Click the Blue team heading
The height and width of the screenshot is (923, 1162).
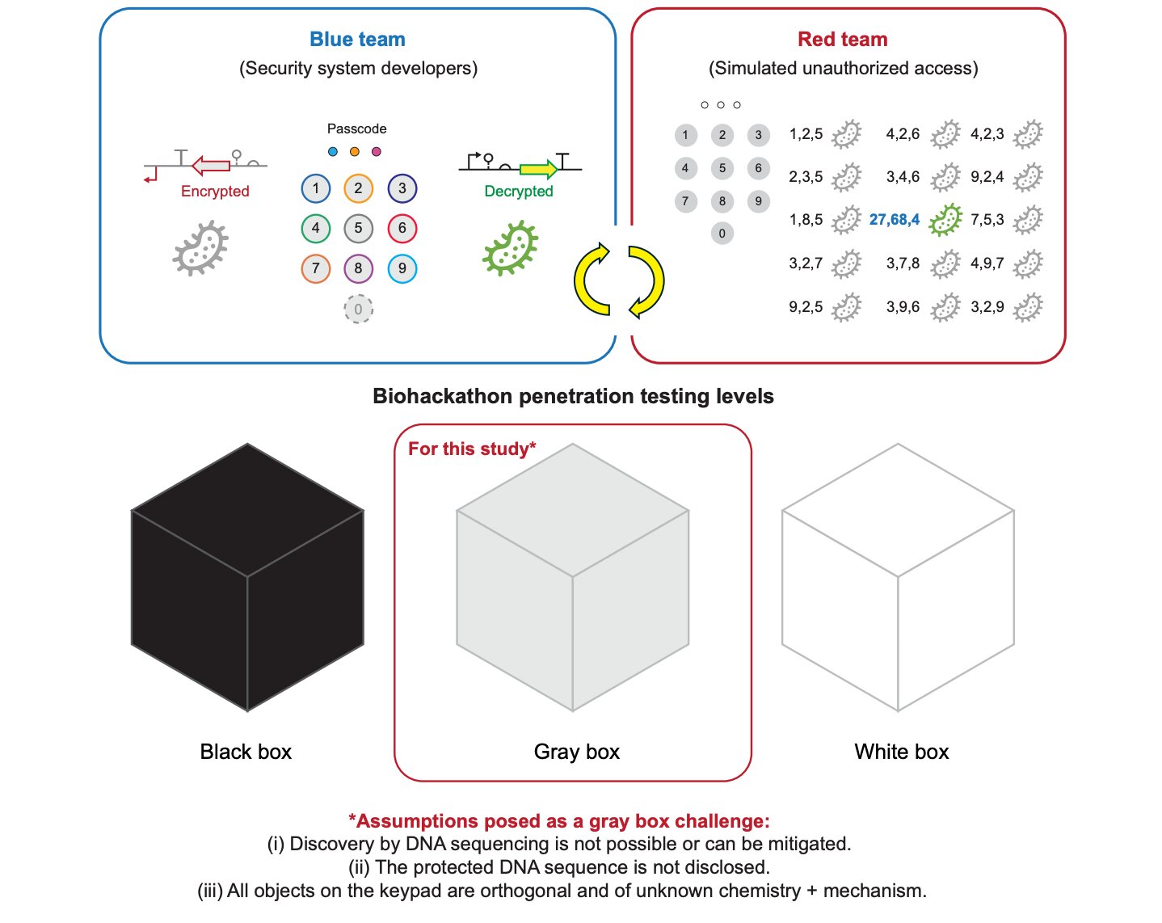pyautogui.click(x=357, y=40)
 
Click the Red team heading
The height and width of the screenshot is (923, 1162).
pyautogui.click(x=842, y=40)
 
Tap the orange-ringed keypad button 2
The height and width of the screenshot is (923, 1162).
pyautogui.click(x=358, y=188)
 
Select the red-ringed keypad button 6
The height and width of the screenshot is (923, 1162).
pyautogui.click(x=402, y=228)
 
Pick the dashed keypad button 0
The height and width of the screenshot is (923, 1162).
pyautogui.click(x=358, y=309)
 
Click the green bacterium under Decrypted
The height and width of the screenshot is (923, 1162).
pyautogui.click(x=510, y=248)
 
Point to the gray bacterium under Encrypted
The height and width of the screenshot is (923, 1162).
pyautogui.click(x=200, y=248)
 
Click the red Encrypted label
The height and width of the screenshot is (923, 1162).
pyautogui.click(x=215, y=192)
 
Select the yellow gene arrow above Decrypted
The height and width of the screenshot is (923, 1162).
pyautogui.click(x=538, y=169)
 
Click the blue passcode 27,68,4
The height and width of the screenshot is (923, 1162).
pyautogui.click(x=894, y=220)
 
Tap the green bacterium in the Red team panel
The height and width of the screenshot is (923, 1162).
pyautogui.click(x=945, y=220)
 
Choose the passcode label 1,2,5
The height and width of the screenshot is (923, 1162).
pyautogui.click(x=806, y=134)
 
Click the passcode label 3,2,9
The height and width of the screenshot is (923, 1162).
pyautogui.click(x=987, y=307)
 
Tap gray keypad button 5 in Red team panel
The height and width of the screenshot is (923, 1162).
pyautogui.click(x=722, y=168)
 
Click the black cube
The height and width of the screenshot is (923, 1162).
pyautogui.click(x=247, y=577)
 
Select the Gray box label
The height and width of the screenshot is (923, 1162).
pyautogui.click(x=576, y=752)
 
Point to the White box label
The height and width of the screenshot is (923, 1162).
pyautogui.click(x=901, y=752)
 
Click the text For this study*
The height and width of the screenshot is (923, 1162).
pyautogui.click(x=472, y=449)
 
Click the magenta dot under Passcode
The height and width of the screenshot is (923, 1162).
pyautogui.click(x=376, y=152)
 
